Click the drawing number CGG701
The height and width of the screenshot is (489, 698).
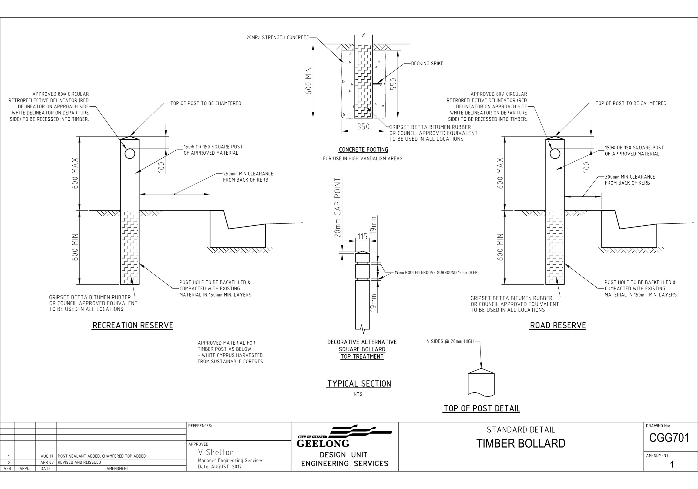pyautogui.click(x=669, y=438)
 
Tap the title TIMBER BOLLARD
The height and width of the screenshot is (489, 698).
pyautogui.click(x=521, y=444)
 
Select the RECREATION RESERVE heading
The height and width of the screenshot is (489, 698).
pyautogui.click(x=133, y=325)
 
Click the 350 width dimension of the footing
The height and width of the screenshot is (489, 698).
pyautogui.click(x=363, y=126)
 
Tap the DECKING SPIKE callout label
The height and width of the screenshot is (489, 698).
pyautogui.click(x=427, y=63)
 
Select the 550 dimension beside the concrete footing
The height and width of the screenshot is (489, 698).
pyautogui.click(x=393, y=84)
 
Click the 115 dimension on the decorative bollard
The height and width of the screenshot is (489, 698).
pyautogui.click(x=362, y=236)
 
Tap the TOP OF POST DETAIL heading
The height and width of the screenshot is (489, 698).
pyautogui.click(x=482, y=408)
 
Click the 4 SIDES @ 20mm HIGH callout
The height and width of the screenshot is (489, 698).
pyautogui.click(x=450, y=341)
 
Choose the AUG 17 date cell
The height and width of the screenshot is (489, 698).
pyautogui.click(x=47, y=456)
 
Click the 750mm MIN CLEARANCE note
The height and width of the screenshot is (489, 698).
pyautogui.click(x=248, y=177)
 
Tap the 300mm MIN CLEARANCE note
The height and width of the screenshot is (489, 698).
pyautogui.click(x=630, y=180)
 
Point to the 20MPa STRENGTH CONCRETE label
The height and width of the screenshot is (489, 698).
pyautogui.click(x=278, y=37)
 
